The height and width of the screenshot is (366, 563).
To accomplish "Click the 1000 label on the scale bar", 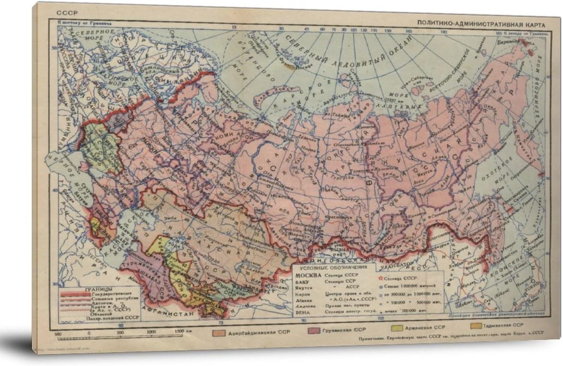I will (x=151, y=332).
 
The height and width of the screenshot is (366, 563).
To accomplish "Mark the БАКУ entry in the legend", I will (x=303, y=281).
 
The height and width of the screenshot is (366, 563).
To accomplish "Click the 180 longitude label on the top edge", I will (x=445, y=32).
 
